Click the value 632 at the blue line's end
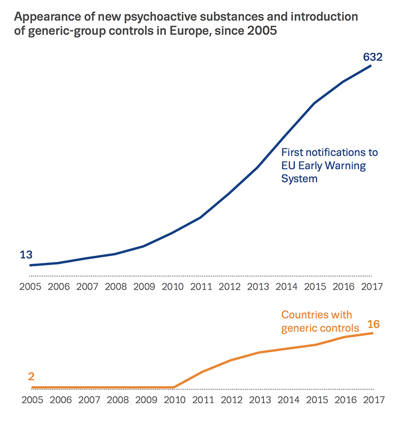pos(372,57)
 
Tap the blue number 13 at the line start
pos(26,255)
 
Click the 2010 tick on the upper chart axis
pos(172,287)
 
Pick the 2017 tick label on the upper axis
pos(372,287)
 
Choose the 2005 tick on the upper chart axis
pos(31,287)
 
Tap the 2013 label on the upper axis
pos(258,287)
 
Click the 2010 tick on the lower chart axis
pos(172,399)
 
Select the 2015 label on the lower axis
pos(315,399)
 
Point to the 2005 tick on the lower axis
pos(31,399)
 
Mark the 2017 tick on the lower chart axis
pos(372,399)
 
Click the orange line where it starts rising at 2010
pos(174,387)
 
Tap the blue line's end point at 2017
pos(371,65)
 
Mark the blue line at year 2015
pos(314,103)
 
